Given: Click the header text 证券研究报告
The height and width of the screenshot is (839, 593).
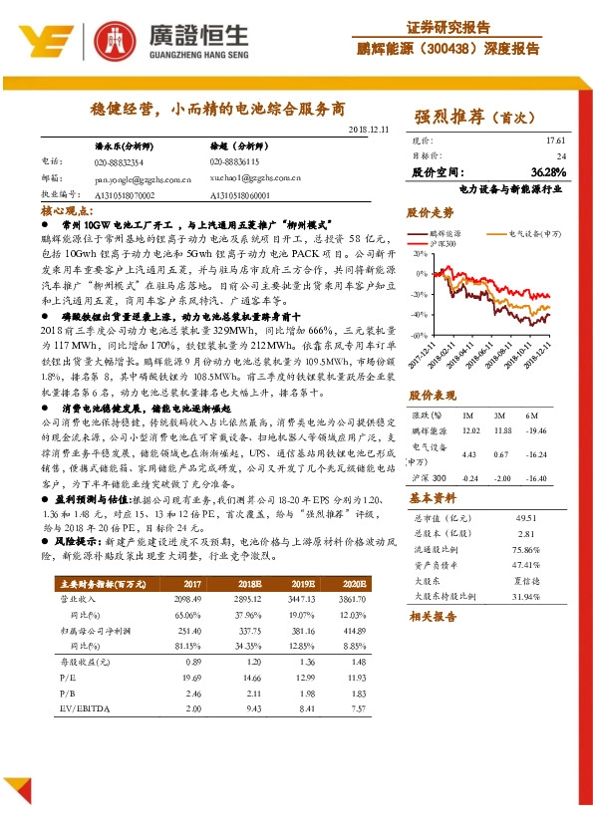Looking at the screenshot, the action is [x=448, y=27].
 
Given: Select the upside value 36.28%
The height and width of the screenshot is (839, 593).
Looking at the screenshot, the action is [x=549, y=171].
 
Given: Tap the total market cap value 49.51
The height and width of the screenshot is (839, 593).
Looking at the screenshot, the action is [x=526, y=518].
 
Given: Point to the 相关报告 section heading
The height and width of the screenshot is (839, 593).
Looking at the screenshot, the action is [x=432, y=617].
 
